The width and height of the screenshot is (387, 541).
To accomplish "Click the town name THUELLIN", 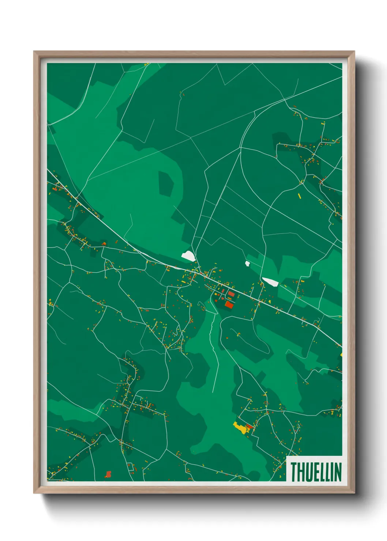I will [x=316, y=472].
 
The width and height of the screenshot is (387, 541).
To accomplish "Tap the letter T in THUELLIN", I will [x=293, y=472].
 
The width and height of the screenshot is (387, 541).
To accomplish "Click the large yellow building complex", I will [x=240, y=427].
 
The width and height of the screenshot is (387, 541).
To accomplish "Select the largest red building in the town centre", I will [x=229, y=305].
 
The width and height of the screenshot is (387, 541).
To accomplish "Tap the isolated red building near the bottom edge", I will [x=108, y=474].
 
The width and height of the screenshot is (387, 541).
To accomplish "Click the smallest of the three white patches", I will [x=248, y=263].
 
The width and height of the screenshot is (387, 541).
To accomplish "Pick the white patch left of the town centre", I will [x=188, y=256].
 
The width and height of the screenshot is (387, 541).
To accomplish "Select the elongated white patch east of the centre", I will [x=271, y=281].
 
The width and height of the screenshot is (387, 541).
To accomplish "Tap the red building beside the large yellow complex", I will [x=250, y=426].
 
